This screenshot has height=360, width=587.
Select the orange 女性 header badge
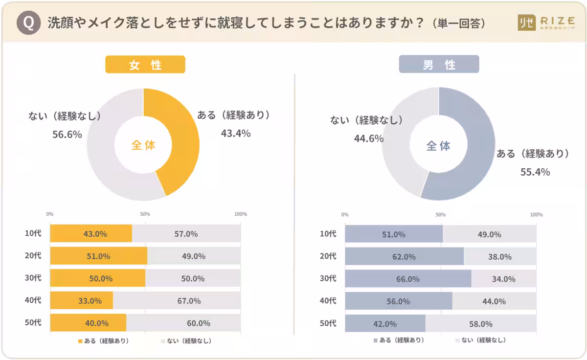click(x=145, y=65)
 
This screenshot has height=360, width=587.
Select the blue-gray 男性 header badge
click(x=439, y=65)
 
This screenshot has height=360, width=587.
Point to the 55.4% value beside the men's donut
click(x=535, y=172)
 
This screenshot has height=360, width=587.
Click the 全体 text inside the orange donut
click(x=143, y=145)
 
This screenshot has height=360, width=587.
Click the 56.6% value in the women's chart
click(x=67, y=135)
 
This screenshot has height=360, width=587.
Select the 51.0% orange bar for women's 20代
click(x=98, y=256)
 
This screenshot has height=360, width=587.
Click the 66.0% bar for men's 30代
click(x=408, y=279)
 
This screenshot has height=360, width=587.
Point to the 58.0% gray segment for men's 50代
click(x=480, y=324)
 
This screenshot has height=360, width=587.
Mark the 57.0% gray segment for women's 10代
click(x=186, y=234)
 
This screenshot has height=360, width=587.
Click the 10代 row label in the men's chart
click(x=328, y=233)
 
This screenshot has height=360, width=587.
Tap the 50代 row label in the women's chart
click(x=33, y=322)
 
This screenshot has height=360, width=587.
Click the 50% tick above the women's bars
click(x=145, y=214)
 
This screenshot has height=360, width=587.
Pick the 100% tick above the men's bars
click(x=536, y=214)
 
